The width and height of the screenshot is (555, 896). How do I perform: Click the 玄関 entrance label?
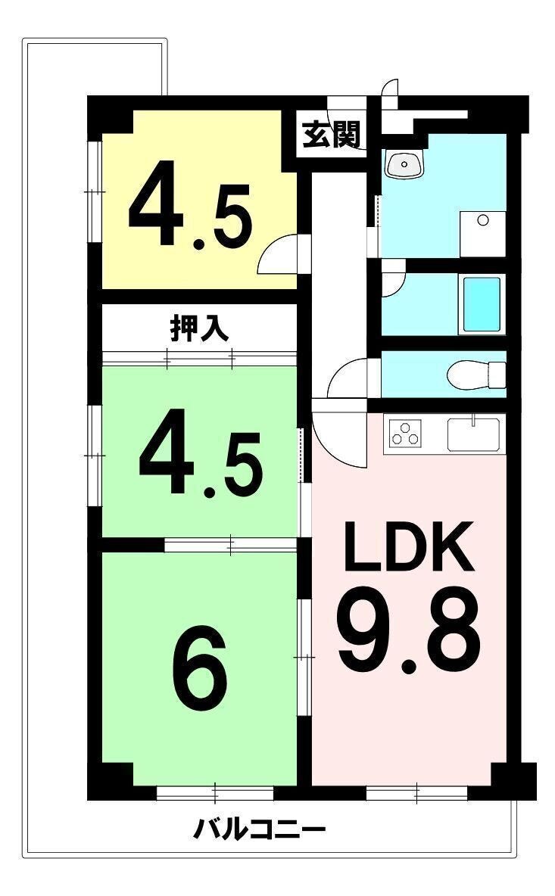331,135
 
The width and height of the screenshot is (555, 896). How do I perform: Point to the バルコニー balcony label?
259,829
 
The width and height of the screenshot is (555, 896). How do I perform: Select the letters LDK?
409,547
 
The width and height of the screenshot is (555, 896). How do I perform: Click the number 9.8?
409,631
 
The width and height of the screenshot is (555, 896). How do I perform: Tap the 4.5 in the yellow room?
190,205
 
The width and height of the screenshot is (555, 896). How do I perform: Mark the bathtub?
481,304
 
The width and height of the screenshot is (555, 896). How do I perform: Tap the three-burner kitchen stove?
406,433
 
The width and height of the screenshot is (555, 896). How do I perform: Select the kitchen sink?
473,435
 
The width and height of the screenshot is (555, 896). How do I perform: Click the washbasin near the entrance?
405,164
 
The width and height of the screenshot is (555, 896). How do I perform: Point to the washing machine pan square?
483,234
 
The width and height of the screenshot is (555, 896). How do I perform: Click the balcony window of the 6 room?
215,793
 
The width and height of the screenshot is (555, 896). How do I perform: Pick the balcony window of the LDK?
416,793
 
